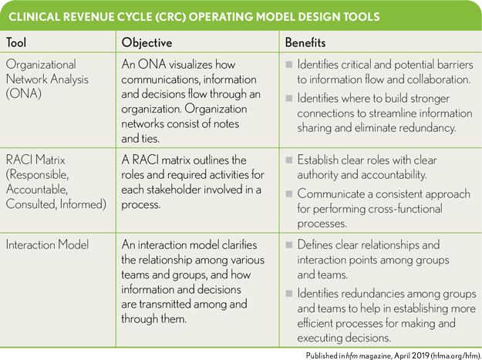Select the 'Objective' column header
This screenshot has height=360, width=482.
coord(147,42)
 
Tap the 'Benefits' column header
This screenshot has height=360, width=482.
coord(307,42)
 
